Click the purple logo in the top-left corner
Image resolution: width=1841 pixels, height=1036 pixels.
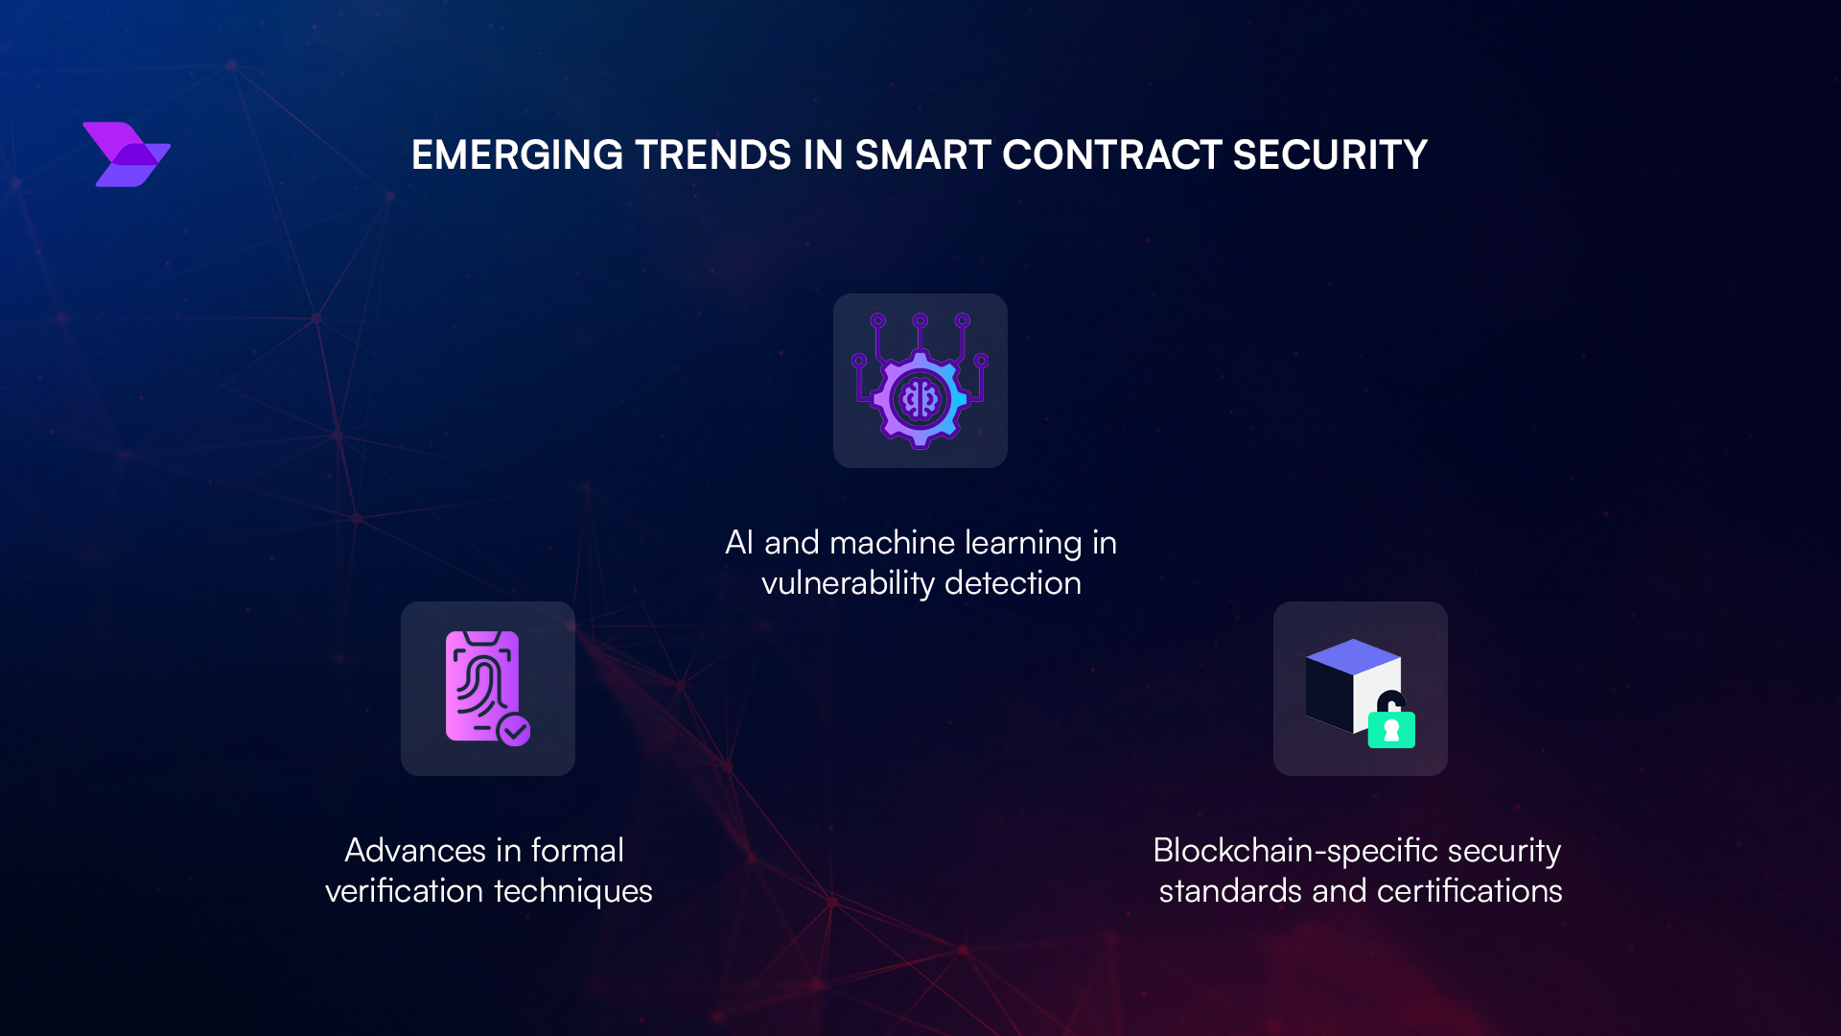127,154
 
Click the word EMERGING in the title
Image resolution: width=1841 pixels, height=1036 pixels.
517,155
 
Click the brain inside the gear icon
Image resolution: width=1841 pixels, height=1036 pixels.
920,398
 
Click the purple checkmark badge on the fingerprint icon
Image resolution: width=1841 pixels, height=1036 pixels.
515,731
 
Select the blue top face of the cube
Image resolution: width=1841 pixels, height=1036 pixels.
1353,655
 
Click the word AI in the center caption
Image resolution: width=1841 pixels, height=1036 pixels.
738,543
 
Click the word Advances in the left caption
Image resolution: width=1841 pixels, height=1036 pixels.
415,851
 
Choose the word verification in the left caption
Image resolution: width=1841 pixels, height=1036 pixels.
404,891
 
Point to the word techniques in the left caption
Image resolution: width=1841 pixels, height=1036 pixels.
572,892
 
